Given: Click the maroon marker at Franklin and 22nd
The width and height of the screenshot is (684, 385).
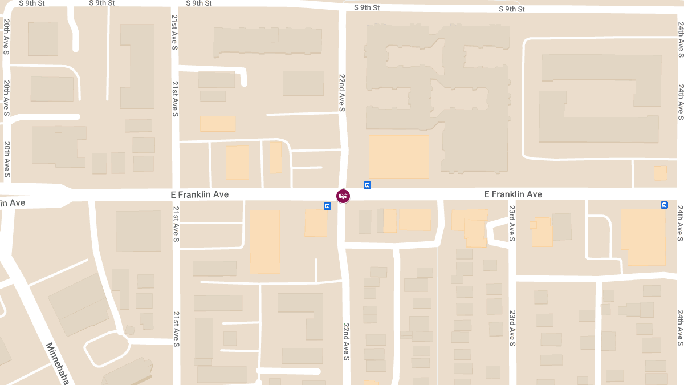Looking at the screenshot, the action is coord(343,196).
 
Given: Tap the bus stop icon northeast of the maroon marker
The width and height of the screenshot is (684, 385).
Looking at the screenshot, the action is coord(368,185).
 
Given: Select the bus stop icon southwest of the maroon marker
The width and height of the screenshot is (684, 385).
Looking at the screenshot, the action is coord(328,206).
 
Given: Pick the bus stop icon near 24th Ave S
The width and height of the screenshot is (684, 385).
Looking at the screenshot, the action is coord(664,205).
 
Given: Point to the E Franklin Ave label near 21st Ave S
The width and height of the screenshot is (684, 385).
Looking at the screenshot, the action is coord(199,194).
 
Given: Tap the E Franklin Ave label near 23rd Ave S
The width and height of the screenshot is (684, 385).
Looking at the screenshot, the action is coord(513,194).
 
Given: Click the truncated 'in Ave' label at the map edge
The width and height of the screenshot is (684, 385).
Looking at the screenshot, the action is coord(13,203).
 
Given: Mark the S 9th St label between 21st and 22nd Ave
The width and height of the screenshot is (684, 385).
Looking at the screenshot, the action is coord(199,3).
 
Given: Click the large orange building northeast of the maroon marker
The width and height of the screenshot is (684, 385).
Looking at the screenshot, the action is coord(399,157).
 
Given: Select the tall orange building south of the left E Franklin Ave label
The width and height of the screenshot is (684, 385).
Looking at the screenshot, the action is coord(265,241).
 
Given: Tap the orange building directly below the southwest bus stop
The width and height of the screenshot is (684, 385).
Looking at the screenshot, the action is coord(316,222).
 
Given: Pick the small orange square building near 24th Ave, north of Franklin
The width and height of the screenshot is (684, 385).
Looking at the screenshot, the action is coord(660,173).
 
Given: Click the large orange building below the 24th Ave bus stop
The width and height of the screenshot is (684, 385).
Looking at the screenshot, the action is coord(643,236).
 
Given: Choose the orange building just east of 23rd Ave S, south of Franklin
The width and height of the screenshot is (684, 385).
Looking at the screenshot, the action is coord(541,232).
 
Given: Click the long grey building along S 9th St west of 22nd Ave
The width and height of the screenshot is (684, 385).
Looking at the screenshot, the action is coord(268,41).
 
